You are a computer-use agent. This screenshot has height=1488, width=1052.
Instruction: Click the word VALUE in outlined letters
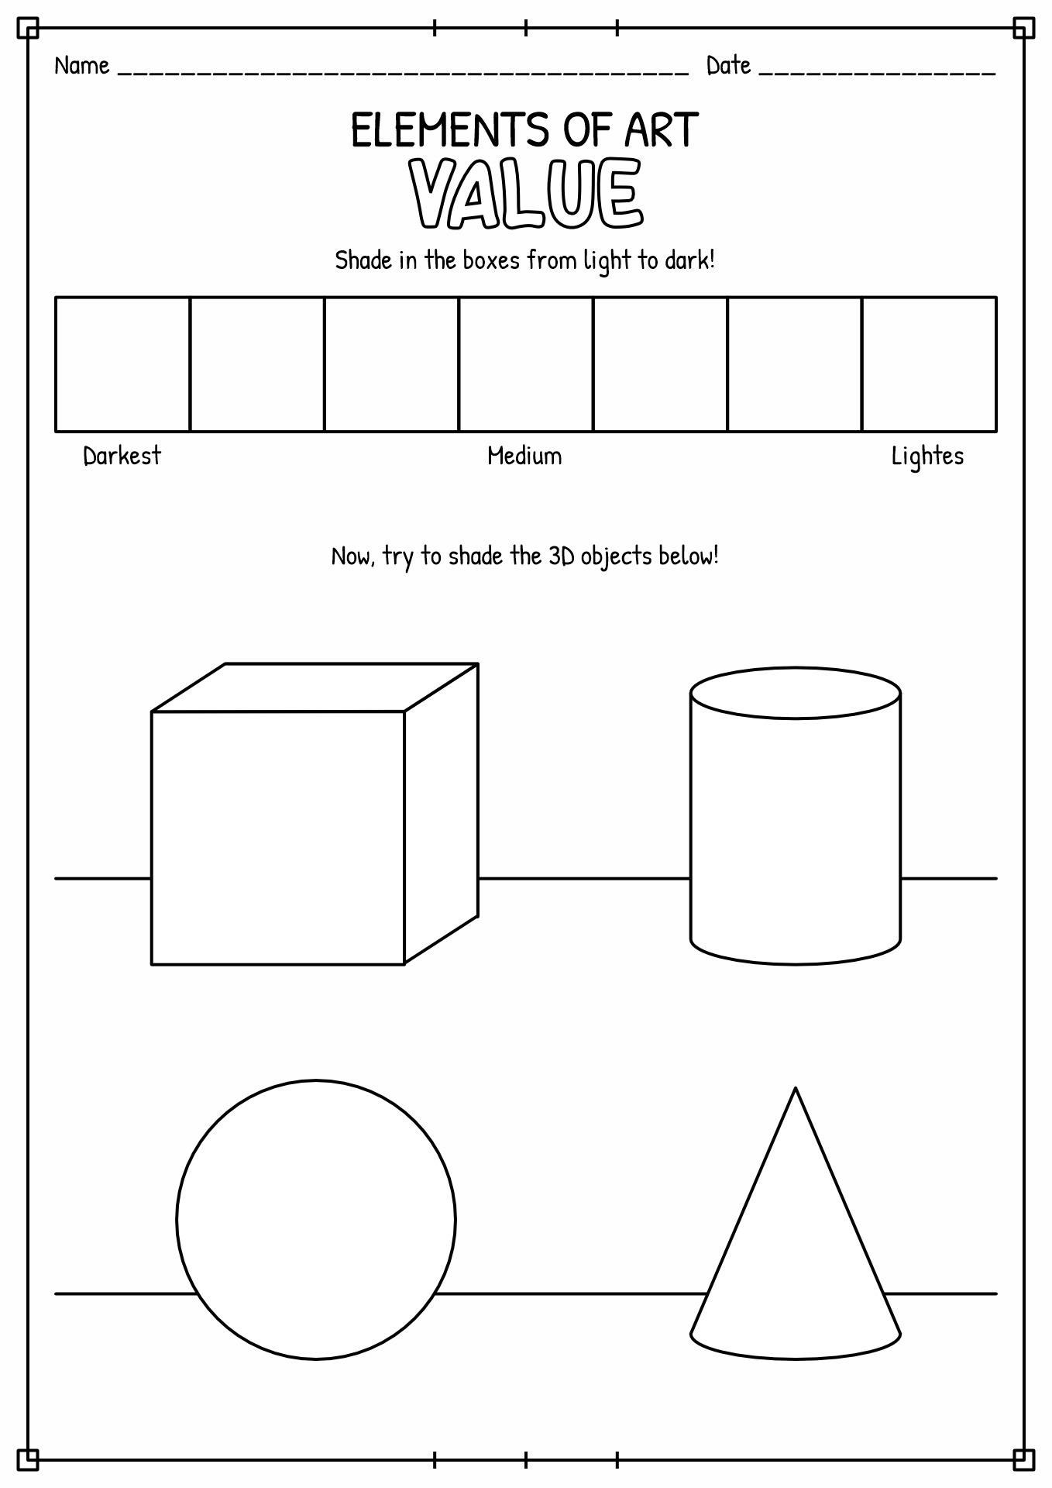[x=527, y=194]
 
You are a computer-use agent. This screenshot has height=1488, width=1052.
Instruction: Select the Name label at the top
[x=82, y=66]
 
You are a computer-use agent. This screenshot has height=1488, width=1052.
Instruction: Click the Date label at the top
[x=728, y=66]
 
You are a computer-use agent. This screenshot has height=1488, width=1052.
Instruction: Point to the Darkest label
[x=122, y=456]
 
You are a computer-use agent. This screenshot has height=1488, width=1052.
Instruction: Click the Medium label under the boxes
[x=524, y=456]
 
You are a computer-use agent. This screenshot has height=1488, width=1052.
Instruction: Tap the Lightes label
[x=927, y=456]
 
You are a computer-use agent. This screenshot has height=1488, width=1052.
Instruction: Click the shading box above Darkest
[x=122, y=363]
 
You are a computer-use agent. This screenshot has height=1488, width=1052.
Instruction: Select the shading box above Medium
[x=526, y=363]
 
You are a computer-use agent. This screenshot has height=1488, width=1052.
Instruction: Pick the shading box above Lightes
[x=930, y=363]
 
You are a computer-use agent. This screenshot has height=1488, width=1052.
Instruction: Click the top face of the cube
[x=315, y=687]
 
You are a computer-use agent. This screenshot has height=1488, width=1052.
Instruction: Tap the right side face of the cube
[x=442, y=814]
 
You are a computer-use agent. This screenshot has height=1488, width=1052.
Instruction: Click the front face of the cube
[x=277, y=838]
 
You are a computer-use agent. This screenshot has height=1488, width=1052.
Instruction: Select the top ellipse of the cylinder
[x=796, y=693]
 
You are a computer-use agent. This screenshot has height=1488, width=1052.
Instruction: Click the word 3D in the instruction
[x=562, y=556]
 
